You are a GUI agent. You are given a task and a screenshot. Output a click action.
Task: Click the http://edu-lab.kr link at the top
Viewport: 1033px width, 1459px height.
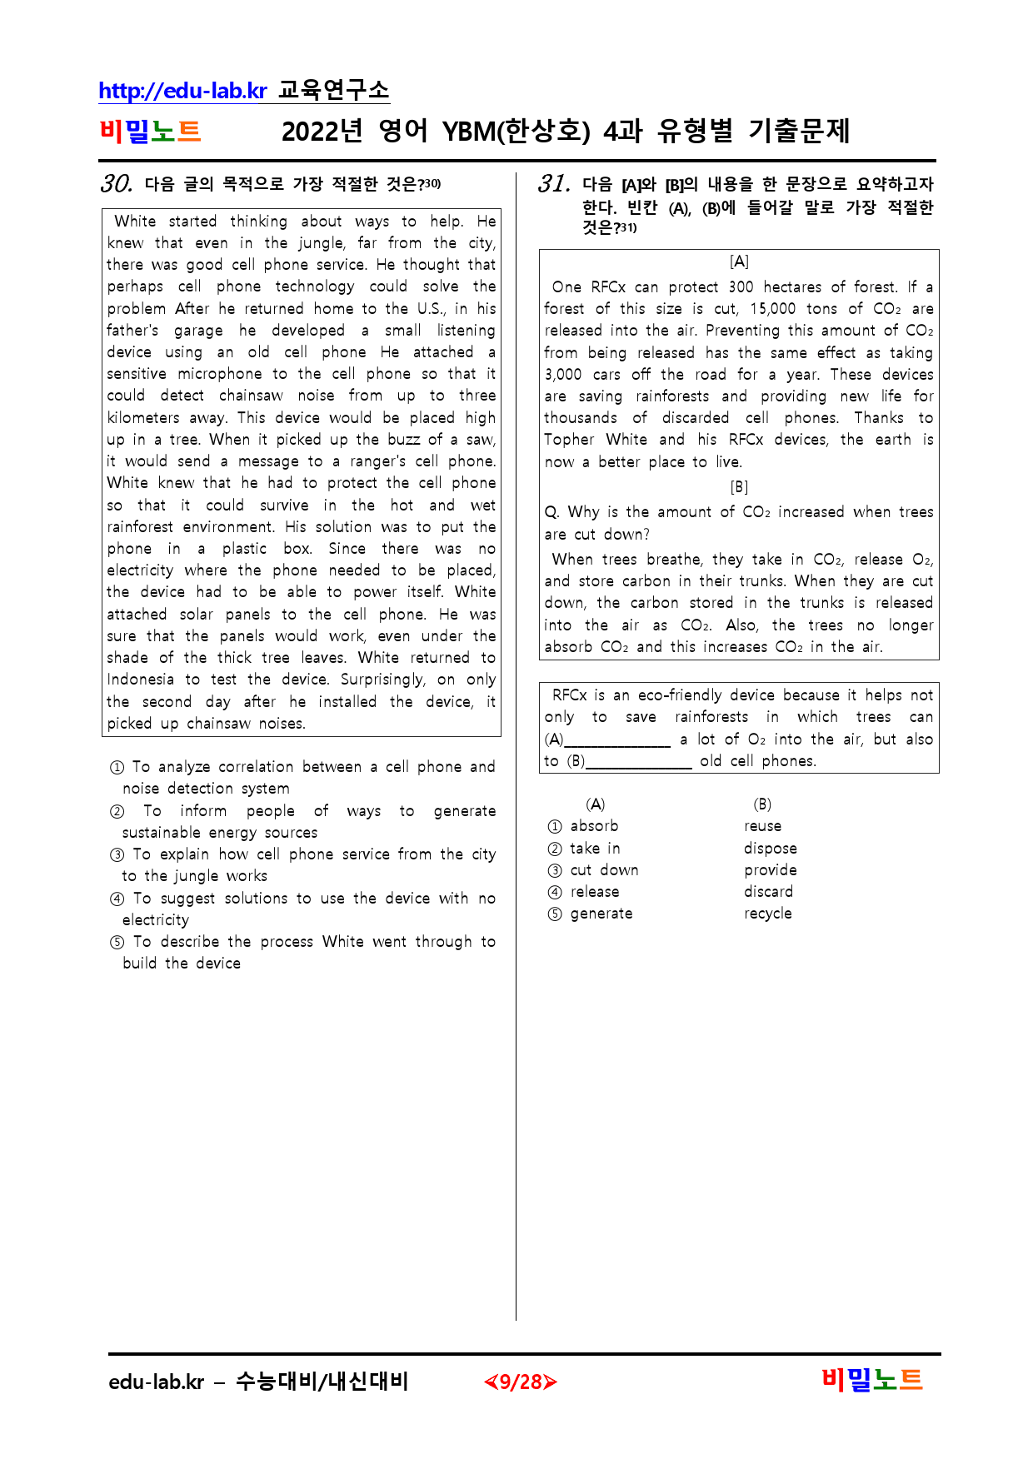[x=182, y=91]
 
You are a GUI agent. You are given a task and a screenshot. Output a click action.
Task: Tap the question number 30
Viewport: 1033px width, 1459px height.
[x=116, y=183]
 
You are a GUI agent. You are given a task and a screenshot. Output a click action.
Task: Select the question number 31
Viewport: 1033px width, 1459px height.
[x=554, y=183]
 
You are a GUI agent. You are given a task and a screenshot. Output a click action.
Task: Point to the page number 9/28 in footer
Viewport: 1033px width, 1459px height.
[x=521, y=1382]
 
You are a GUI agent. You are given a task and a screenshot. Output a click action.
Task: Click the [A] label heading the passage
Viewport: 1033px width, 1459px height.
[x=739, y=261]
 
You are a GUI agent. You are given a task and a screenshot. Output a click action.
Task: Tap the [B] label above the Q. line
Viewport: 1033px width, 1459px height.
[x=739, y=487]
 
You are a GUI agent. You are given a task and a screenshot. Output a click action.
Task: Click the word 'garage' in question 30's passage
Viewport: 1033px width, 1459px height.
[x=198, y=331]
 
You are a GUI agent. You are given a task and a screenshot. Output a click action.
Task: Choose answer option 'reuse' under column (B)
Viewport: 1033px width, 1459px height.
[x=762, y=826]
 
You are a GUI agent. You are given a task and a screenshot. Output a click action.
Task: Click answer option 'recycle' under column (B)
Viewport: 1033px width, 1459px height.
[x=767, y=914]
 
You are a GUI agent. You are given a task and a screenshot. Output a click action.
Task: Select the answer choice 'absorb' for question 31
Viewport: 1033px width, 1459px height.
[x=594, y=826]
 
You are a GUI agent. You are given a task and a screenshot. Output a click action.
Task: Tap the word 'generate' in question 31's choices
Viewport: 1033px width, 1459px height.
[x=601, y=914]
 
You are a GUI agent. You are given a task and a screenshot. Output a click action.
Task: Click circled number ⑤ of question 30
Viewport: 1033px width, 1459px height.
[x=117, y=943]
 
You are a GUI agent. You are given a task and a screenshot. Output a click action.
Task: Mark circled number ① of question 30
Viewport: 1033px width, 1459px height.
[x=117, y=768]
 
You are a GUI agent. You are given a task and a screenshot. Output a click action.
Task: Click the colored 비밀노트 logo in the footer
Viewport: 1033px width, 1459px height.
[x=872, y=1381]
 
